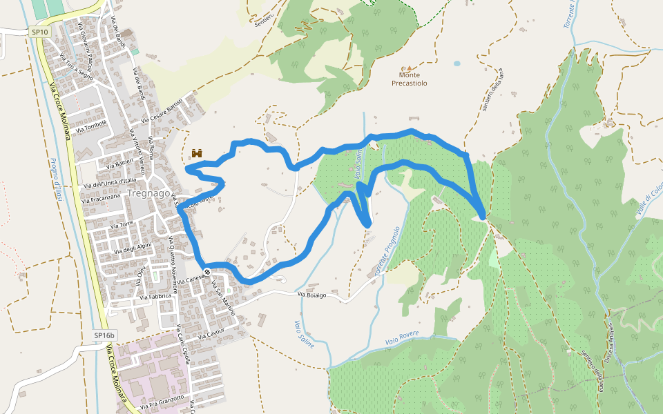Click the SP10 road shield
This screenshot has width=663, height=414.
tap(40, 32)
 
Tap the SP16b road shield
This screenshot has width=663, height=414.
tap(104, 335)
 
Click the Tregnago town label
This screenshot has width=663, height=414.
tap(148, 194)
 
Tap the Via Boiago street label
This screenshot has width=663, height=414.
tap(311, 296)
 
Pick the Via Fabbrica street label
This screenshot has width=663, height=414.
tap(155, 297)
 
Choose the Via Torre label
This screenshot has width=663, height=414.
tap(116, 225)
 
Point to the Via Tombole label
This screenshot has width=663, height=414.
tap(92, 126)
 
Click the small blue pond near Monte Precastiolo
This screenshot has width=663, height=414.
tap(457, 63)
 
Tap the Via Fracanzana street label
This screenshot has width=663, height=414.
tap(102, 197)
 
